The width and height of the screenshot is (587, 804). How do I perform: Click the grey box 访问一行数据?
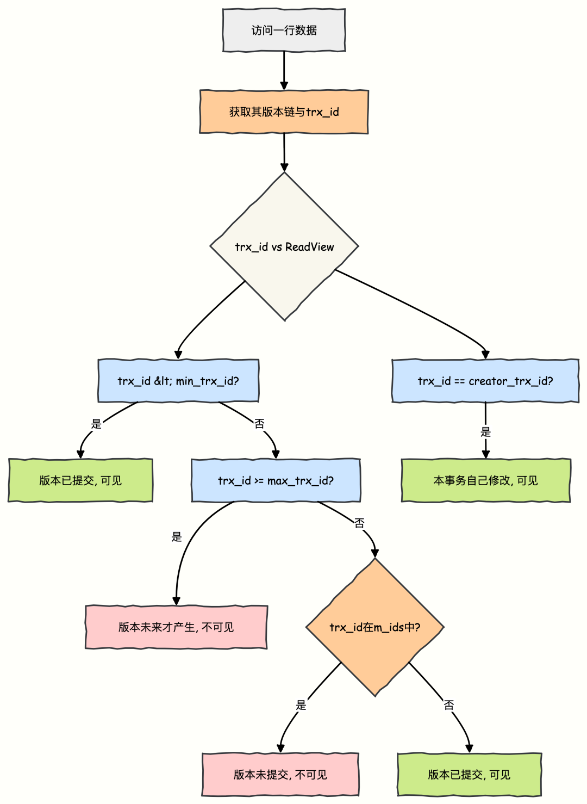pyautogui.click(x=284, y=30)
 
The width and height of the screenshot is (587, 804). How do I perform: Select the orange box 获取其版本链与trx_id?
pyautogui.click(x=284, y=112)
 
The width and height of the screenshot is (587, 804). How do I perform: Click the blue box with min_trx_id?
pyautogui.click(x=178, y=381)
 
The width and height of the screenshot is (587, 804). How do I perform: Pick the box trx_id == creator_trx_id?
pyautogui.click(x=485, y=381)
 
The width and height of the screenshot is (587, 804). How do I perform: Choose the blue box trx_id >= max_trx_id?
pyautogui.click(x=276, y=480)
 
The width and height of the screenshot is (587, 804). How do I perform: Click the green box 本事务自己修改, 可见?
pyautogui.click(x=485, y=480)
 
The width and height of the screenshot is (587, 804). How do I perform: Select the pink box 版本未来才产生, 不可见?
pyautogui.click(x=176, y=627)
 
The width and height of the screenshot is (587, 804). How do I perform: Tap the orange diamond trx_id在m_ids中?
pyautogui.click(x=375, y=627)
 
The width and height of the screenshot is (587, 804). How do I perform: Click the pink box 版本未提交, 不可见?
pyautogui.click(x=280, y=774)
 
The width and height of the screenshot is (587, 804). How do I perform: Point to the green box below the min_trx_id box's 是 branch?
pyautogui.click(x=80, y=480)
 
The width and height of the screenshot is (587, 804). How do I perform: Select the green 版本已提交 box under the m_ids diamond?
pyautogui.click(x=470, y=774)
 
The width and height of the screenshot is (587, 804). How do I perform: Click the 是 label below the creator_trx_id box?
pyautogui.click(x=485, y=432)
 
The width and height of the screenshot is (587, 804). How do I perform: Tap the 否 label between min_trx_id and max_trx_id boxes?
pyautogui.click(x=259, y=424)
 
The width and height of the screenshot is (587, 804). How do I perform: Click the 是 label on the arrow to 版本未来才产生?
pyautogui.click(x=177, y=537)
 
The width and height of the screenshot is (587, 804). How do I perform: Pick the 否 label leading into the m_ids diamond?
pyautogui.click(x=359, y=523)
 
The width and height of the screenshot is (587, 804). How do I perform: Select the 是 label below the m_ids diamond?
pyautogui.click(x=301, y=706)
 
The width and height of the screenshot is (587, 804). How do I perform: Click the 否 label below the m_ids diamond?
pyautogui.click(x=449, y=706)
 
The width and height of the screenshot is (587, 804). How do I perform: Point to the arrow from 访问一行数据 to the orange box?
pyautogui.click(x=284, y=71)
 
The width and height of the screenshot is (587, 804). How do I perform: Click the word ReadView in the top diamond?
pyautogui.click(x=309, y=247)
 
